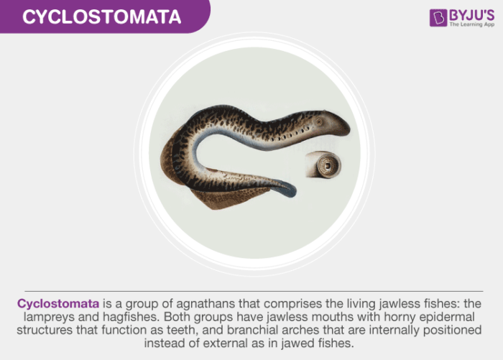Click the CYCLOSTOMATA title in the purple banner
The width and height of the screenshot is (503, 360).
100,17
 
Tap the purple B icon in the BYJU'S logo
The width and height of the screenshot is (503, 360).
438,17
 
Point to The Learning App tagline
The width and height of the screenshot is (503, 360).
471,25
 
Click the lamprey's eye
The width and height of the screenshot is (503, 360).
320,121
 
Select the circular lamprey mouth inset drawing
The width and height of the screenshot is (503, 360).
323,165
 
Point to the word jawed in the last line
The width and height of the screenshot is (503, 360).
311,343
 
